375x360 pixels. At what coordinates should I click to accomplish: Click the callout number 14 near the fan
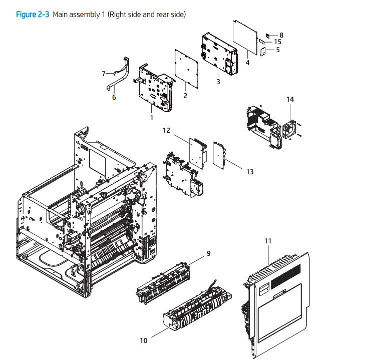pos(290,100)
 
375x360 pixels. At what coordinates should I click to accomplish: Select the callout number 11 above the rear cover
pos(267,241)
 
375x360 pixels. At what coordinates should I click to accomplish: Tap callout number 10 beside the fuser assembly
pos(144,340)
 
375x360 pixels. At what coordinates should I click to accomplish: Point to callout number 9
pos(208,253)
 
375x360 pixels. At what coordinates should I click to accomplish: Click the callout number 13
pos(249,172)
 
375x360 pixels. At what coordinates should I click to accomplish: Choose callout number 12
pos(166,130)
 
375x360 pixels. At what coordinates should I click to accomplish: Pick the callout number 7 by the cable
pos(104,74)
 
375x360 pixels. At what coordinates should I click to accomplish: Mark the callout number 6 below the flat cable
pos(114,97)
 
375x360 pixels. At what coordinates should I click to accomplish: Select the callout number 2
pos(185,96)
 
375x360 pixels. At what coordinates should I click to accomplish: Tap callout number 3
pos(218,82)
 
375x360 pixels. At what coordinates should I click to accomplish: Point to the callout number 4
pos(247,63)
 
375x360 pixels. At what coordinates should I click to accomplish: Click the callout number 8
pos(281,35)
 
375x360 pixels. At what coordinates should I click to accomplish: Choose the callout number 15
pos(277,42)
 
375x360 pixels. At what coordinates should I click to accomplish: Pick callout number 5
pos(277,50)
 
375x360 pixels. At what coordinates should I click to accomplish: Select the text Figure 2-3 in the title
pos(33,15)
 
